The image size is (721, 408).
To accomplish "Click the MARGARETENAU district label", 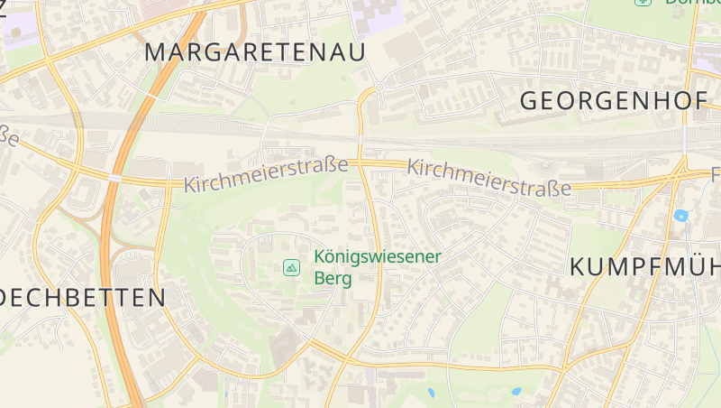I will (255, 52).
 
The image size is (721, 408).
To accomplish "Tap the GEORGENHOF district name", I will (614, 101).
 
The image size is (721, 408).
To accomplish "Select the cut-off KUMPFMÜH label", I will (645, 268).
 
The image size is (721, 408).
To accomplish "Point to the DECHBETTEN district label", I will (83, 298).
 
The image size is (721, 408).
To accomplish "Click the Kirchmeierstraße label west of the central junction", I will (266, 174).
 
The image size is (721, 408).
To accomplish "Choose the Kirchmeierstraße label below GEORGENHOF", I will (489, 178).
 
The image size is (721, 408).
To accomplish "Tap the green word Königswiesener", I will (378, 256).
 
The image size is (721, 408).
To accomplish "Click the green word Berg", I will (332, 278).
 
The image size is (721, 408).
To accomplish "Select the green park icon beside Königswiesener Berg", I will (291, 267).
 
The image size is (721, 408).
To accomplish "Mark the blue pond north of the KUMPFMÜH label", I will (680, 216).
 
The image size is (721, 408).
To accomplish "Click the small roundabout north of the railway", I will (380, 87).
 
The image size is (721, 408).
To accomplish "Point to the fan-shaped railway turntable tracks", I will (545, 169).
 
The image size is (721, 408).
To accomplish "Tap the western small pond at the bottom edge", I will (430, 393).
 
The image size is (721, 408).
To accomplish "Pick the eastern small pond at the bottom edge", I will (516, 392).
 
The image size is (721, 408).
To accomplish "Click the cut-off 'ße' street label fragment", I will (9, 135).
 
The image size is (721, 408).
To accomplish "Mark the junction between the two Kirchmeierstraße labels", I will (360, 163).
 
